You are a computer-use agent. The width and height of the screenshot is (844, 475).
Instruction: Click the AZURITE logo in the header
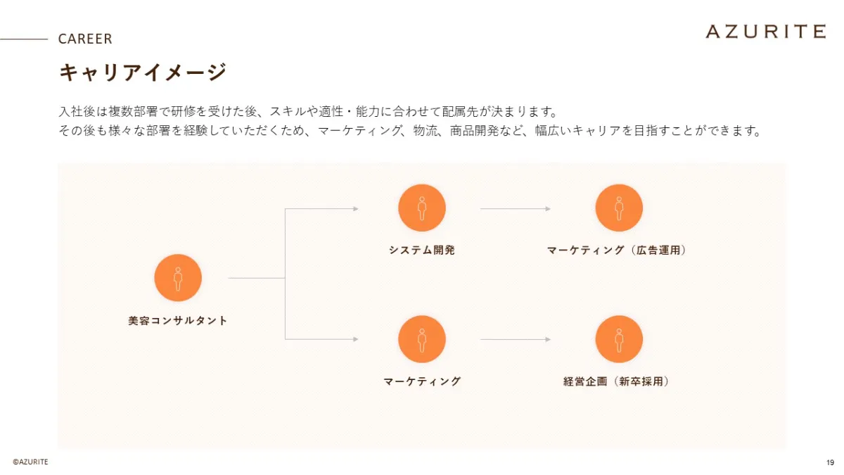[x=765, y=31]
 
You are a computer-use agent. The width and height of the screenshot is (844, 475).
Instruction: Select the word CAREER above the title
[x=85, y=39]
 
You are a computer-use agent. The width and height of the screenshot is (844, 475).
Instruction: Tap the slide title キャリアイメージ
[x=143, y=72]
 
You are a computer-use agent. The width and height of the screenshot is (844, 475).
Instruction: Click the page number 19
[x=830, y=462]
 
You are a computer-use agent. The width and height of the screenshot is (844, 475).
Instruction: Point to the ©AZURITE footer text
[x=30, y=462]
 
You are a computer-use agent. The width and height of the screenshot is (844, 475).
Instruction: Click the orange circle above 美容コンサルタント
[x=178, y=278]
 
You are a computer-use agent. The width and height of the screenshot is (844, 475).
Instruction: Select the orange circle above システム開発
[x=422, y=208]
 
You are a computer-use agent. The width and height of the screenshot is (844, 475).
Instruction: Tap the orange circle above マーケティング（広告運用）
[x=619, y=208]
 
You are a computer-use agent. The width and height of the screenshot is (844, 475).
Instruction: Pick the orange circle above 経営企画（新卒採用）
[x=619, y=339]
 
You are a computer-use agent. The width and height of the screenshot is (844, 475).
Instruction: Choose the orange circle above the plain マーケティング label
[x=422, y=339]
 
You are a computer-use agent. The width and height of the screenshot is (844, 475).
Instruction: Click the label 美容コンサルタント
[x=178, y=321]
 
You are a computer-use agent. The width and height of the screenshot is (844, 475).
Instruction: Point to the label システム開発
[x=422, y=250]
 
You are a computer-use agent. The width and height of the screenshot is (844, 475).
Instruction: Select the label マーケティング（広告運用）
[x=617, y=250]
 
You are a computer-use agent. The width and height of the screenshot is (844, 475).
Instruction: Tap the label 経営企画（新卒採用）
[x=617, y=381]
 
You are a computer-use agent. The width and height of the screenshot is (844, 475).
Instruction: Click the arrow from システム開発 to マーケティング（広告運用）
[x=515, y=209]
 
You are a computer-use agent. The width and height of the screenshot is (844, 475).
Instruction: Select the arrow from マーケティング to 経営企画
[x=515, y=340]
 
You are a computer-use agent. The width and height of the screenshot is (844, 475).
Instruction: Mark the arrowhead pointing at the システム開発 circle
[x=356, y=209]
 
